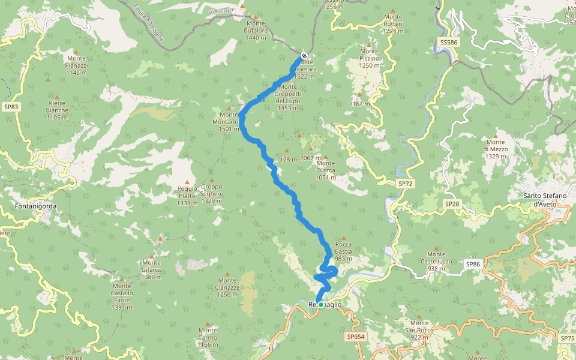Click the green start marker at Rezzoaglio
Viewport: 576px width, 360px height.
pos(321,305)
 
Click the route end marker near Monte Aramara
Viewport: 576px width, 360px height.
pos(304,56)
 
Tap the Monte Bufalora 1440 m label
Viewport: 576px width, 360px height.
pos(255,31)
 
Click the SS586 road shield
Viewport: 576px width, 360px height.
pos(448,43)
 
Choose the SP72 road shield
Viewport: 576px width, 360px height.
pos(406,183)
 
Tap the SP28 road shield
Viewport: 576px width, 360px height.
pos(452,204)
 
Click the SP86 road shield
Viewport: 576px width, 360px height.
pos(473,263)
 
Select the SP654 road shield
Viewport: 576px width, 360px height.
pos(356,337)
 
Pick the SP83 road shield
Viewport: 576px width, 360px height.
pos(11,107)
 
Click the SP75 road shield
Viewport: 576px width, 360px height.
pos(567,338)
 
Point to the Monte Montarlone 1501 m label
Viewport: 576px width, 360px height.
pos(229,122)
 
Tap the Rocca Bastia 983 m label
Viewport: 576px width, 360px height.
pos(343,251)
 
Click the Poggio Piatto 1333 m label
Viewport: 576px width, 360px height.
pos(187,196)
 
